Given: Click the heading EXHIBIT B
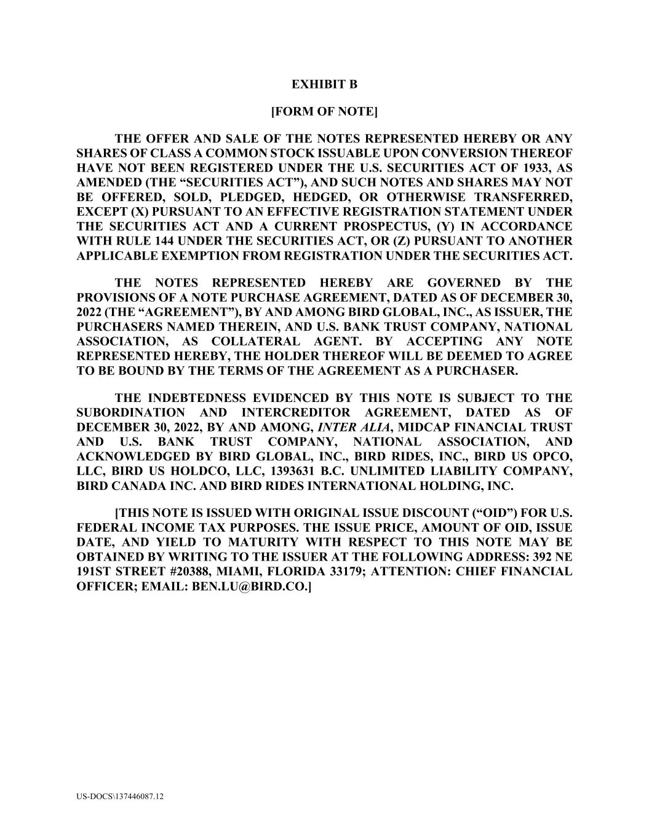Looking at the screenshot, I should tap(324, 84).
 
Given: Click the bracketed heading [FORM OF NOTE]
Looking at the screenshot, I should tap(324, 111).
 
